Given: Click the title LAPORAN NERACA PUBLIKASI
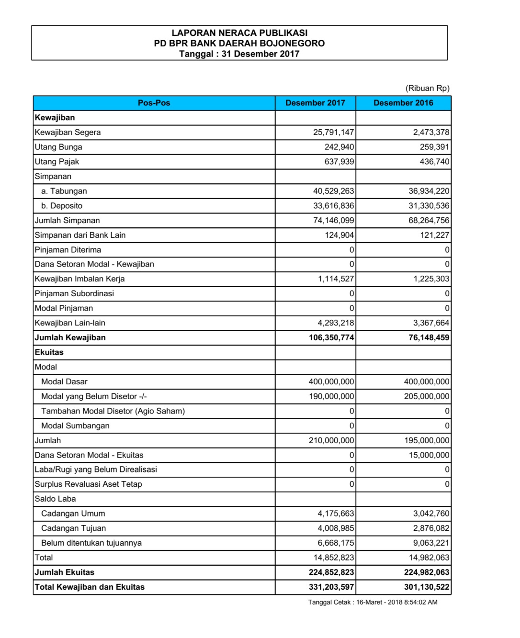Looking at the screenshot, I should pos(239,33).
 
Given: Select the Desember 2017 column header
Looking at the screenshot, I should pos(315,103).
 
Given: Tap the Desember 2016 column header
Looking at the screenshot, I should pos(403,103).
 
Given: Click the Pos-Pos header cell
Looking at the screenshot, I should pos(154,103).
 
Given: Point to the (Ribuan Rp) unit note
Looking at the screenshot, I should pos(427,88).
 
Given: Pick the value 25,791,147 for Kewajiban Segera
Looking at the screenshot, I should pos(333,133).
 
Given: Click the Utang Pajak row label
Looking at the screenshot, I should pos(57,162).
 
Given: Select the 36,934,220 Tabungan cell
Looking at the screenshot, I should pos(429,191).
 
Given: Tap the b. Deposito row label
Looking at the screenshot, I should pos(62,206).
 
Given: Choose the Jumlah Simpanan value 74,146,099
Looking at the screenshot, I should pos(333,221).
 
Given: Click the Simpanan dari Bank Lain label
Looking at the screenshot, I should pos(80,235).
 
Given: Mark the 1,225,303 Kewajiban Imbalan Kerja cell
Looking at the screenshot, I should pos(431,279).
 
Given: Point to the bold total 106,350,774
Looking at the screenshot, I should pos(331,337).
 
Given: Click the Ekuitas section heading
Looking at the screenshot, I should pos(49,352).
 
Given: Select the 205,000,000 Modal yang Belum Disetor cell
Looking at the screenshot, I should pos(427,396).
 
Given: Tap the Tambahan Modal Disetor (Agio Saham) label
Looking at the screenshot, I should pos(113,411).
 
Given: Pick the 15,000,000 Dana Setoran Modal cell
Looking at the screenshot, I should pos(429,455).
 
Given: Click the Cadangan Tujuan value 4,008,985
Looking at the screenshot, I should pos(336,528).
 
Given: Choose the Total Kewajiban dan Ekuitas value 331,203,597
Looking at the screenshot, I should pos(331,587).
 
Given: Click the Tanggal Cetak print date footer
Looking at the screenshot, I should pos(373,602).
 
